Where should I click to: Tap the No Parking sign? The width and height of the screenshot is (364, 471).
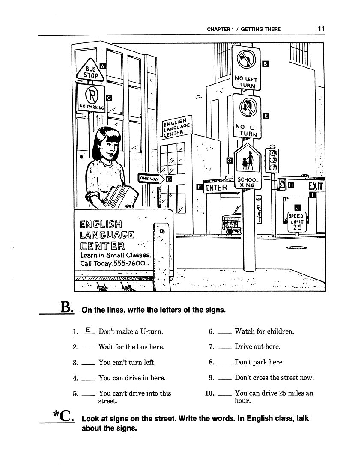point(91,98)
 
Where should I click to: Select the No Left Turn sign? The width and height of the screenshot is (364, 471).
point(246,68)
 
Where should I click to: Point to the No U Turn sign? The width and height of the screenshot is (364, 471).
point(246,116)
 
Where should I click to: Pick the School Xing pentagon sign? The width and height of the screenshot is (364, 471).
point(248,170)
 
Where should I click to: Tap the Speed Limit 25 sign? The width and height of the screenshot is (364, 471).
point(296,221)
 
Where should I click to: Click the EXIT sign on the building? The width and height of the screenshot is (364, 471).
point(316,186)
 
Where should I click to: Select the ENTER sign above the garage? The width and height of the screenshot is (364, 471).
point(217,188)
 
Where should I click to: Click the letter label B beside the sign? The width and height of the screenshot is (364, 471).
point(265,64)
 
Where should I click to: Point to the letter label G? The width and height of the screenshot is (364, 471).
point(229,160)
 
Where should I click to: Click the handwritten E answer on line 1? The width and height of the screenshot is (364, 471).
point(87,330)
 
